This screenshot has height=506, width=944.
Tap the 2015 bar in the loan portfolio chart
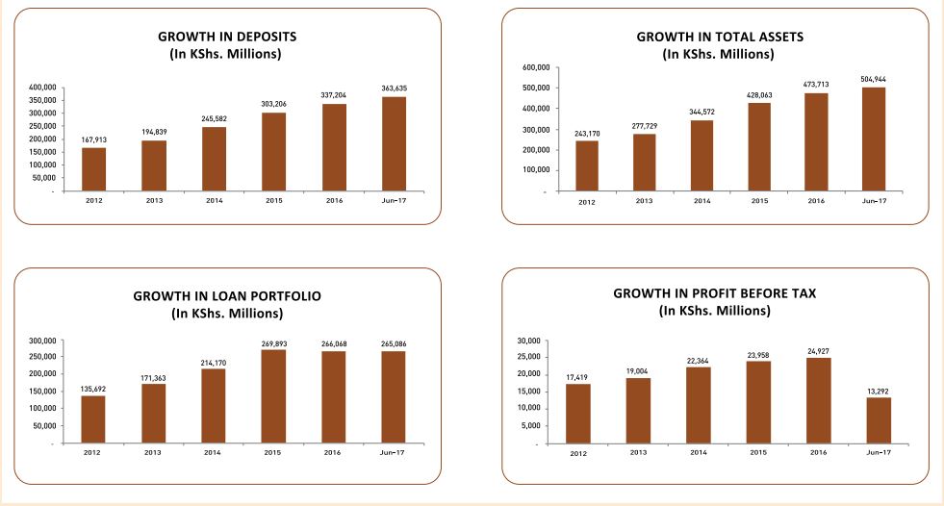coord(273,397)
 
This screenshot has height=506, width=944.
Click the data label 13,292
coord(879,390)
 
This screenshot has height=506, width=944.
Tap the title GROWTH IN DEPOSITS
coord(227,36)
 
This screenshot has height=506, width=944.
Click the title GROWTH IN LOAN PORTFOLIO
coord(227,295)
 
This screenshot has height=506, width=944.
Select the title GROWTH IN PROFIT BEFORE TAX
coord(714,292)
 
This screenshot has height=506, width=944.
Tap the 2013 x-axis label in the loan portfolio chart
coord(153,452)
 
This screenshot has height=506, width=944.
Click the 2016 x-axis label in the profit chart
coord(818,452)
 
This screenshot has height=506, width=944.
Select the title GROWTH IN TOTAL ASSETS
coord(719,36)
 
